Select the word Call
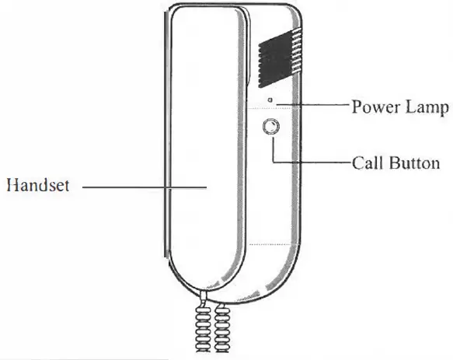pyautogui.click(x=367, y=163)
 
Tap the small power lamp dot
pyautogui.click(x=270, y=101)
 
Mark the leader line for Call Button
pyautogui.click(x=311, y=163)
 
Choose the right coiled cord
pyautogui.click(x=223, y=327)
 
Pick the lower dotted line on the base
pyautogui.click(x=272, y=244)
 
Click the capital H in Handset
pyautogui.click(x=11, y=186)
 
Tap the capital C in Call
pyautogui.click(x=357, y=163)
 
